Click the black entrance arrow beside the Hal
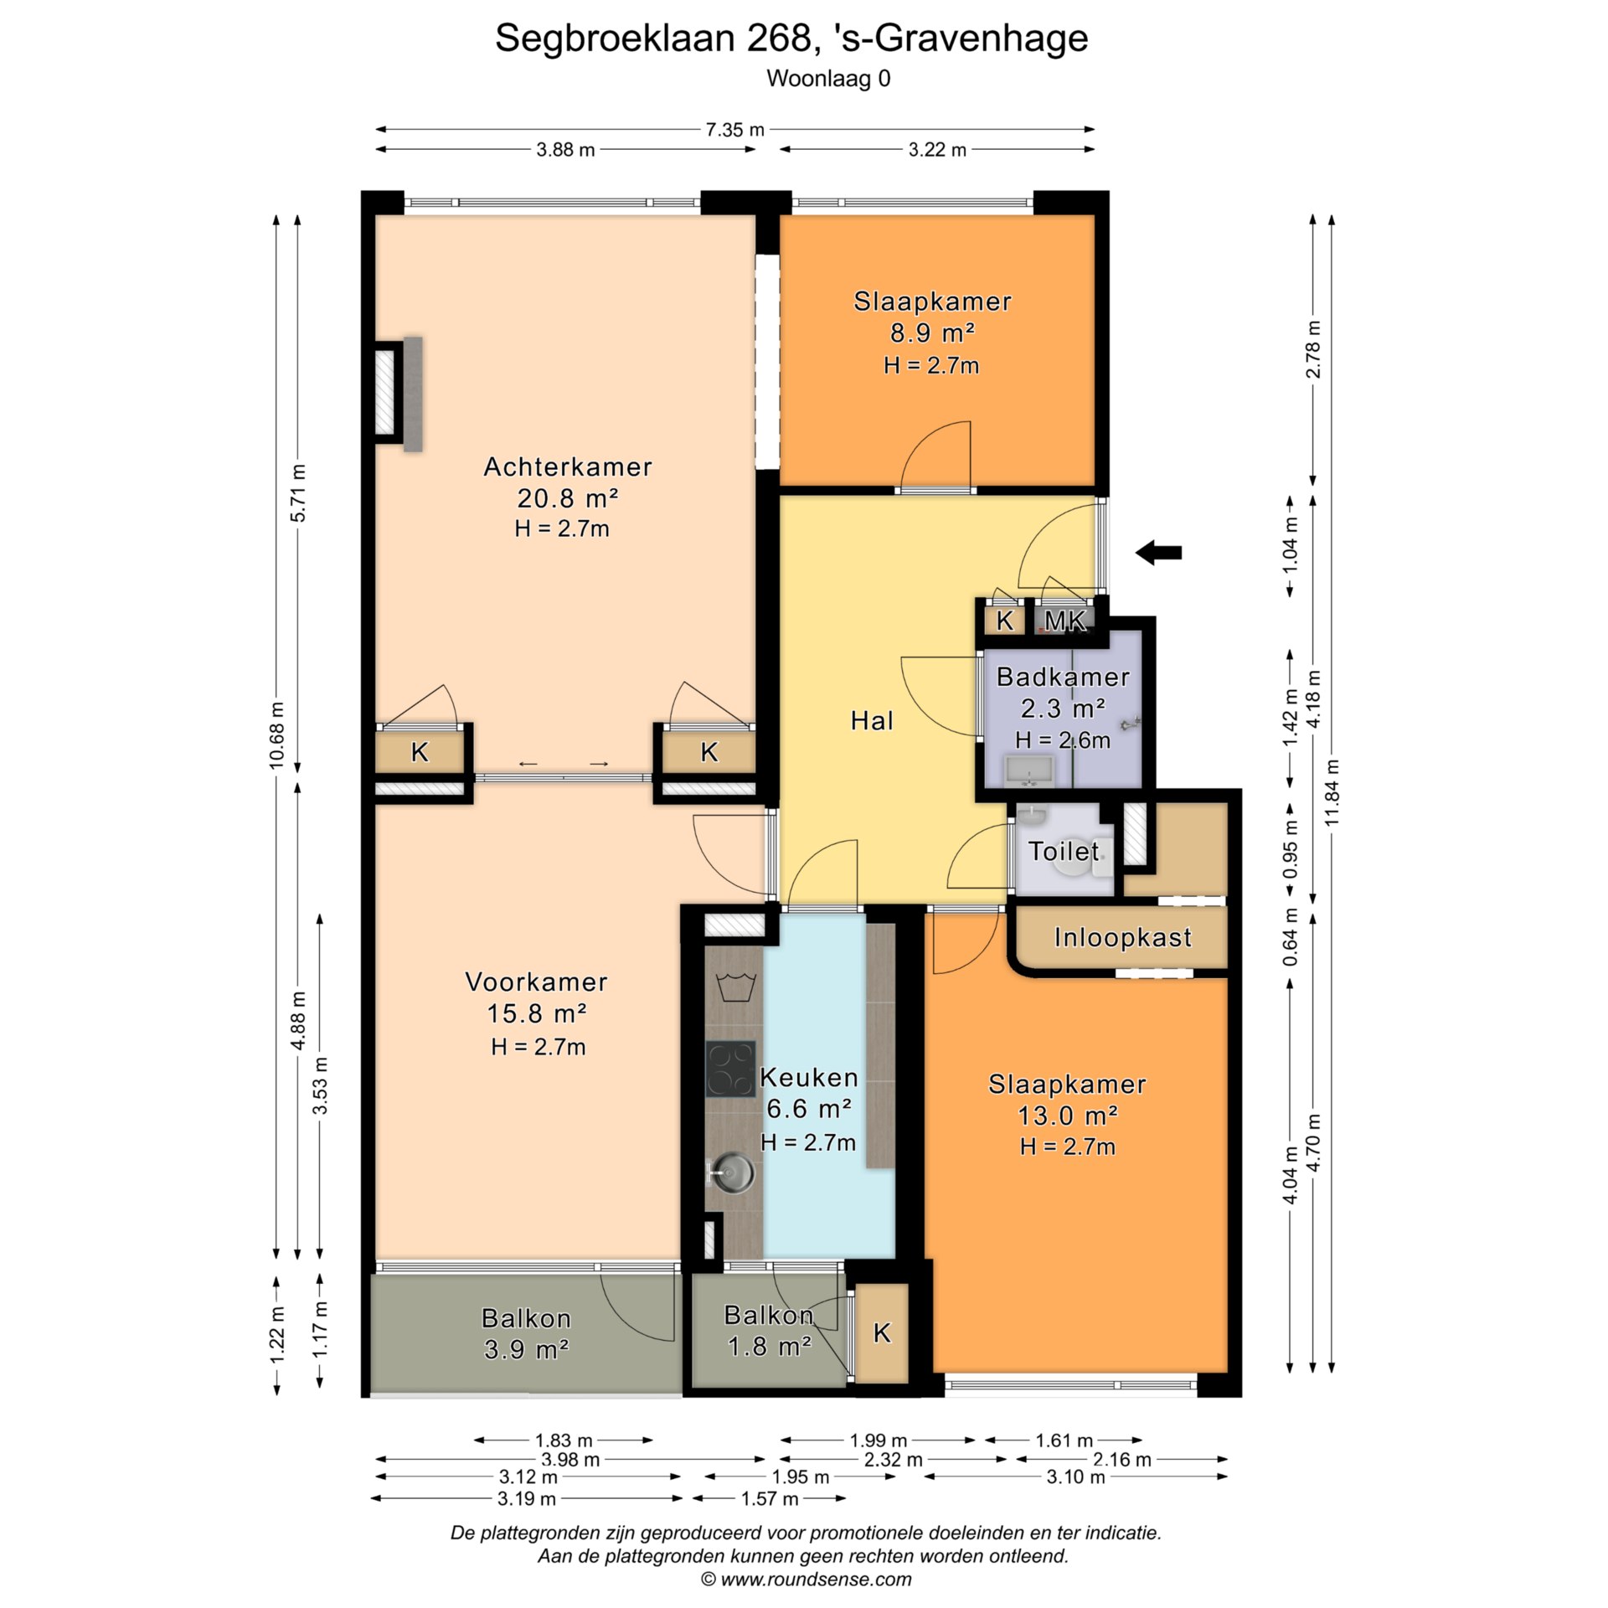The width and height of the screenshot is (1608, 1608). (x=1158, y=552)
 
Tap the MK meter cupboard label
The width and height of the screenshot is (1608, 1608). (x=1064, y=621)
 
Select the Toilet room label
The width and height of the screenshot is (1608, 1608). (x=1064, y=851)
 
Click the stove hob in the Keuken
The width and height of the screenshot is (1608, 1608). (x=730, y=1069)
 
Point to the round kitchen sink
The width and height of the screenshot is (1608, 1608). (x=733, y=1170)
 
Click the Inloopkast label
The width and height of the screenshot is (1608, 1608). (x=1122, y=937)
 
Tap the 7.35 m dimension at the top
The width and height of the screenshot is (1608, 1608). (x=734, y=130)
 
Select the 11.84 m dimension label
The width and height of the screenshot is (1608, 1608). (x=1332, y=792)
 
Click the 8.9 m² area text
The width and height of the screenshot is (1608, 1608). (x=932, y=332)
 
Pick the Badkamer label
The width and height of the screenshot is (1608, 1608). (x=1063, y=677)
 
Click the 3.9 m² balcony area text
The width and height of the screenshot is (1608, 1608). (x=527, y=1349)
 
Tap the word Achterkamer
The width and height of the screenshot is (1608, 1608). (x=568, y=466)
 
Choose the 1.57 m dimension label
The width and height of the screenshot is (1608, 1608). (x=770, y=1498)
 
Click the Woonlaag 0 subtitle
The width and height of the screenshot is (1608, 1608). (x=828, y=79)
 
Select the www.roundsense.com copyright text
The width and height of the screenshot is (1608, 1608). (x=806, y=1580)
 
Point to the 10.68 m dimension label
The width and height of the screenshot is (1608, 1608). (x=276, y=735)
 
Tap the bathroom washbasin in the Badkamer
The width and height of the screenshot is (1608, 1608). (x=1029, y=769)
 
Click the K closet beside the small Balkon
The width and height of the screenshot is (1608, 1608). (x=881, y=1333)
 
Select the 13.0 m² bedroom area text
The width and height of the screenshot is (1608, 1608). (x=1068, y=1116)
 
